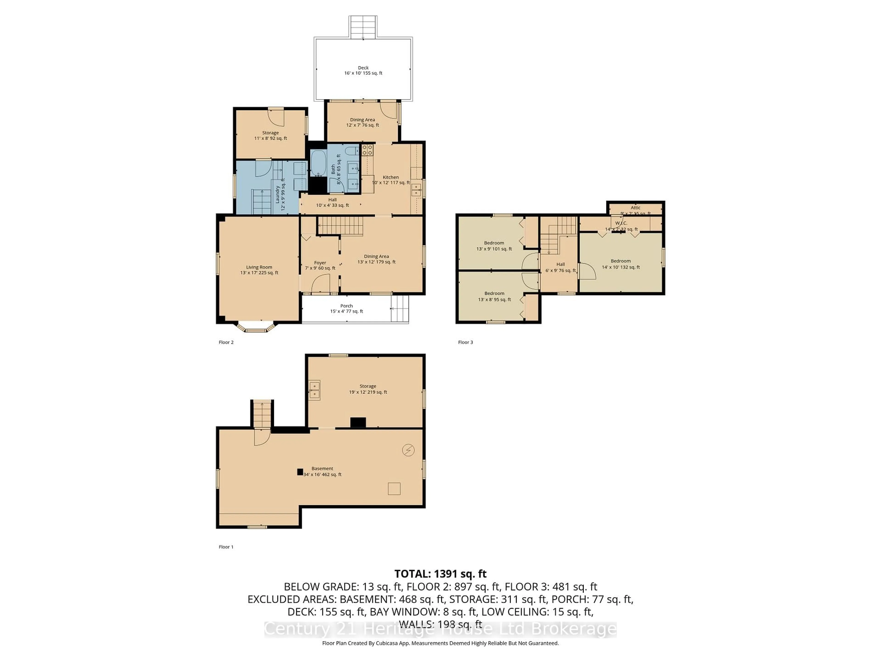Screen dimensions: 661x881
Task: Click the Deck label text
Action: click(363, 70)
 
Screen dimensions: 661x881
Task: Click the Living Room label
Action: click(259, 270)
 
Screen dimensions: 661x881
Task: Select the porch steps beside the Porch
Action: click(400, 308)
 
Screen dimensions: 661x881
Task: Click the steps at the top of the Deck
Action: click(363, 27)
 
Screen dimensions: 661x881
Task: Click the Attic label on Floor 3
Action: click(635, 207)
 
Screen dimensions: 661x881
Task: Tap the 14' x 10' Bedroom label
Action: click(621, 264)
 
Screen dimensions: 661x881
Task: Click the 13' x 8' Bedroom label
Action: click(494, 296)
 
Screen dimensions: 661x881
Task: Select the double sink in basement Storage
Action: click(314, 390)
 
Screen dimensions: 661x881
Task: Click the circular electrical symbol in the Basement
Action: click(408, 450)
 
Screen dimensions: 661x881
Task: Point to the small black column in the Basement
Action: click(300, 472)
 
